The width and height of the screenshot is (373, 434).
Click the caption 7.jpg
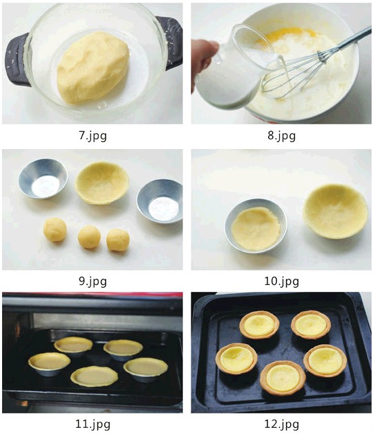pos(93,136)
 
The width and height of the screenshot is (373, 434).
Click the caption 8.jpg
pos(282,136)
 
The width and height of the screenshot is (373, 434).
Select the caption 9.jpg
pos(93,282)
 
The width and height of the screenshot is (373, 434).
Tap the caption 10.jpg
pos(282,282)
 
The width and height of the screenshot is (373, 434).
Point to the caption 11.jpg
pos(93,424)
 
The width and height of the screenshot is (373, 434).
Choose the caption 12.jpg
pos(282,424)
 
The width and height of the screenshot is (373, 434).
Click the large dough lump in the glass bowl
pos(93,68)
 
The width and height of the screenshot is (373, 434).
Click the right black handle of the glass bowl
pos(171,42)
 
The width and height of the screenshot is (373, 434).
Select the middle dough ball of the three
pos(89,237)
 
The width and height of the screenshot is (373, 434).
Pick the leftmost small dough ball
pos(55,230)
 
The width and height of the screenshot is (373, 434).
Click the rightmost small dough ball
pos(118,240)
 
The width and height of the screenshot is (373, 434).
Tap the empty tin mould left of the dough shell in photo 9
pos(43,179)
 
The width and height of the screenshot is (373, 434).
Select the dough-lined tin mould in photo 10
pos(256,225)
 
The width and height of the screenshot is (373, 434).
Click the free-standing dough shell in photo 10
pos(335,212)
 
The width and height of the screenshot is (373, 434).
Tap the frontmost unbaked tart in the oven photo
pos(94,376)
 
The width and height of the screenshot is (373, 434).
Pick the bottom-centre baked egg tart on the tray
pos(283,378)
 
